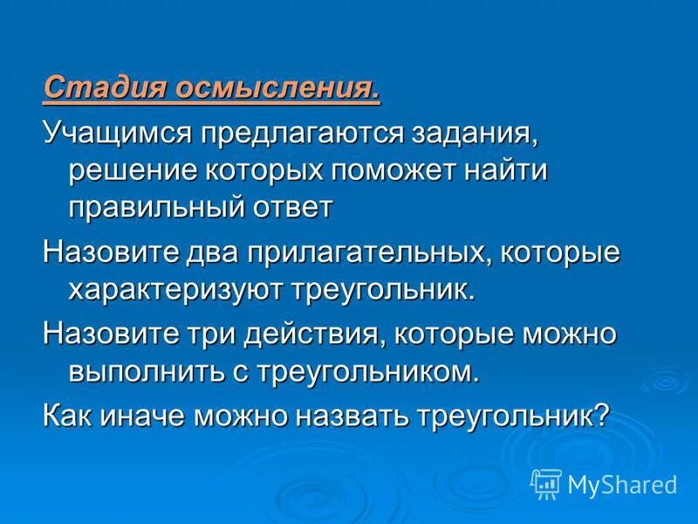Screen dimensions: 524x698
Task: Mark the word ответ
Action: [x=297, y=207]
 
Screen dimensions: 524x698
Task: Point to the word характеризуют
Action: [x=163, y=290]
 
